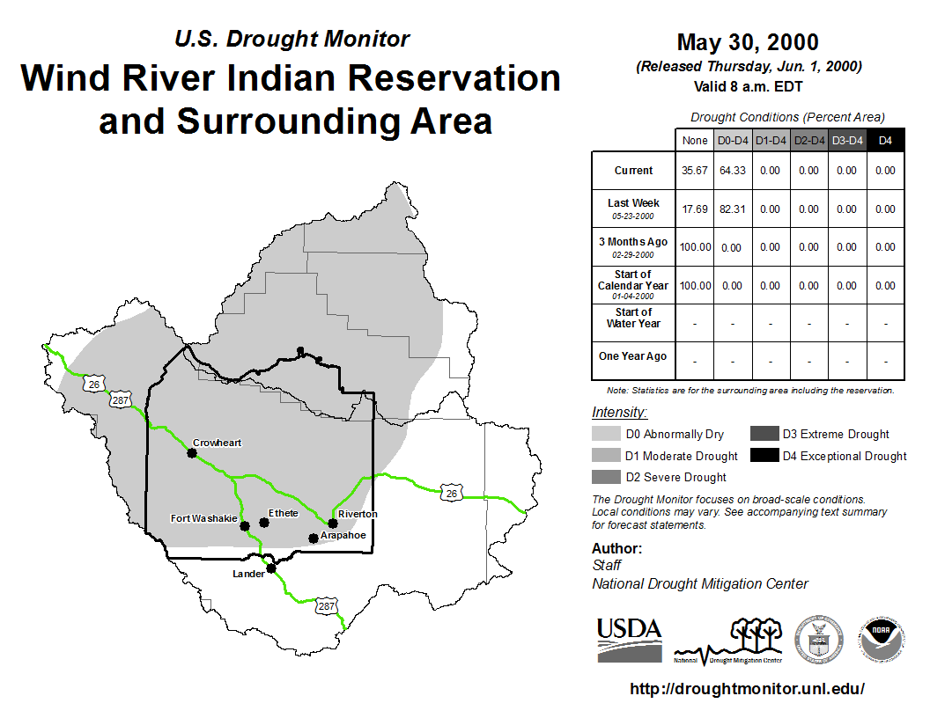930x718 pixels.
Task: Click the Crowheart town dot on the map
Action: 192,453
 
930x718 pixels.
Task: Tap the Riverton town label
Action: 358,514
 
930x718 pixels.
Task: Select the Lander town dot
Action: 271,568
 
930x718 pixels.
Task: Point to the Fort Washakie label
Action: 204,518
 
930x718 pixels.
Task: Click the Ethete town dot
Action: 264,523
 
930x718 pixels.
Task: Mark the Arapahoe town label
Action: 343,535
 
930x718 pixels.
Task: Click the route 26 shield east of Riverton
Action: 452,493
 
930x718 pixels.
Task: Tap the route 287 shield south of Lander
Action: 326,606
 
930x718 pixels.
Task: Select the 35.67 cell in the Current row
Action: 695,171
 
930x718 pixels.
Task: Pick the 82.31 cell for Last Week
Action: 733,209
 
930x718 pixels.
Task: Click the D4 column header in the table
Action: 885,141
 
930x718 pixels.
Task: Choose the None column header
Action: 695,141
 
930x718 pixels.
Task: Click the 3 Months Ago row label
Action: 633,247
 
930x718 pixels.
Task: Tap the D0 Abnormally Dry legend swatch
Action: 606,434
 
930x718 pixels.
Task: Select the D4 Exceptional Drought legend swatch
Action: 764,455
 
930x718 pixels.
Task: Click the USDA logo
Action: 630,640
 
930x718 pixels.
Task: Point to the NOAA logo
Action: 882,640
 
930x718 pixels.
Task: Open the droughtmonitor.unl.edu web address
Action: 748,688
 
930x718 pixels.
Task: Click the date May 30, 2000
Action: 748,42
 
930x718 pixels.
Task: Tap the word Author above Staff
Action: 616,548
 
